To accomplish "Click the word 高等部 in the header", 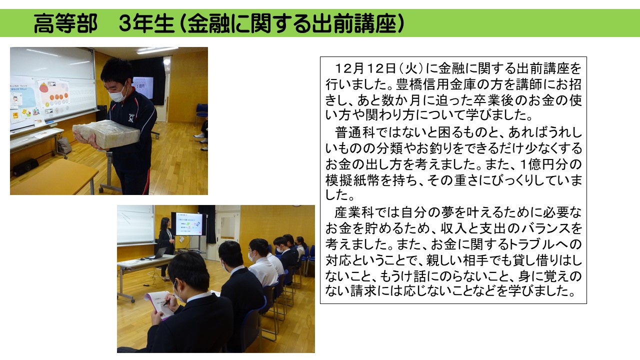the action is [65, 23].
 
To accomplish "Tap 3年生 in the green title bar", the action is [146, 23].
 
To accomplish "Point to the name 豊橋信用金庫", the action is [435, 84].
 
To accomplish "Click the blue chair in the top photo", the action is [201, 113].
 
